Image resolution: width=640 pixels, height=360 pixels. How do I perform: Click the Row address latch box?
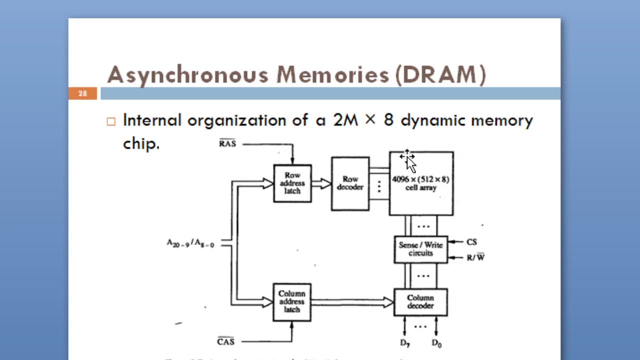(x=292, y=183)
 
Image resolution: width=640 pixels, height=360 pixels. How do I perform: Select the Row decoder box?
(x=350, y=183)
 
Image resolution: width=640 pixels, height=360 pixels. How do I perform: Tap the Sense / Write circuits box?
(x=420, y=249)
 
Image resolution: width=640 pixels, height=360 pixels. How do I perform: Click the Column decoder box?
(x=420, y=302)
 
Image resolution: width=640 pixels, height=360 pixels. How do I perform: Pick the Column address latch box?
(x=292, y=302)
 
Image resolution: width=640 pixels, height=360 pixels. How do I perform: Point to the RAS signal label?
(x=227, y=143)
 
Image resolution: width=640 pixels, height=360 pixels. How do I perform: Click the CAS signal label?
(x=225, y=341)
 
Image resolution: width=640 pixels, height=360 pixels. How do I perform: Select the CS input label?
(x=471, y=242)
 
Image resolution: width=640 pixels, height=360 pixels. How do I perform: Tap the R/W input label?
(x=475, y=257)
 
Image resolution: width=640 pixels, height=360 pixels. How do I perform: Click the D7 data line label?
(x=405, y=343)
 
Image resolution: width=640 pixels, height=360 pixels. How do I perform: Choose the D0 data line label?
(x=436, y=343)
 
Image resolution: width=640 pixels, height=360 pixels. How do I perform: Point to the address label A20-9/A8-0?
(x=190, y=243)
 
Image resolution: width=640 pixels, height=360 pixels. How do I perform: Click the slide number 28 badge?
(x=82, y=93)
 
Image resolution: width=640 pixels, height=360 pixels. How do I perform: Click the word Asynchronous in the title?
(x=187, y=75)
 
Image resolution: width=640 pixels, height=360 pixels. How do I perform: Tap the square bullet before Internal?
(x=111, y=121)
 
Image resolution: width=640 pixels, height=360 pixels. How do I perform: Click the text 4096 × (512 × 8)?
(x=420, y=179)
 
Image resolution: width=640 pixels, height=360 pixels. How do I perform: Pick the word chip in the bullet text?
(x=140, y=143)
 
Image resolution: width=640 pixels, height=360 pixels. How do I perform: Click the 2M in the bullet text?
(x=345, y=120)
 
